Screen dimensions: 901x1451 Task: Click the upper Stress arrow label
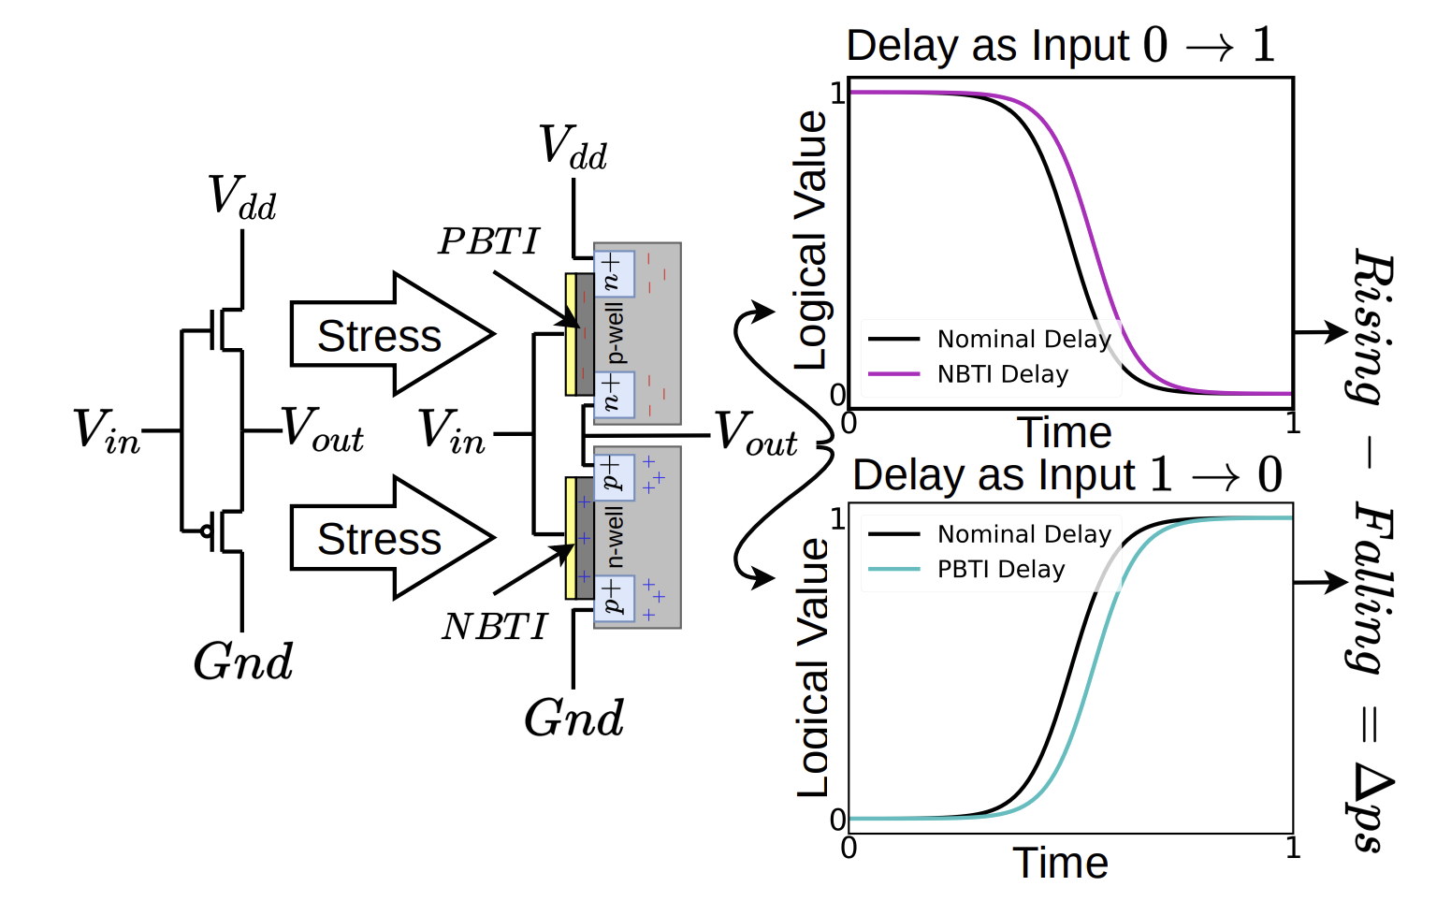tap(379, 336)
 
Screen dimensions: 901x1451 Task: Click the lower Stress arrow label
tap(379, 539)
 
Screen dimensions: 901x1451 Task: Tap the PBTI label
tap(489, 241)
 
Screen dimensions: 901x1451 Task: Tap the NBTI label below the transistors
tap(494, 627)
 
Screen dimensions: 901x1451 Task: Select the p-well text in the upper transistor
tap(615, 333)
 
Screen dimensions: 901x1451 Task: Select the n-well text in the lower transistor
tap(615, 537)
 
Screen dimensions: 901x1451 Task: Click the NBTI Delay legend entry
tap(1002, 374)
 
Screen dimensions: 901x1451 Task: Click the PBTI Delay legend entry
tap(1000, 569)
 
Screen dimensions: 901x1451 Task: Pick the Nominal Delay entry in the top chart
tap(1023, 339)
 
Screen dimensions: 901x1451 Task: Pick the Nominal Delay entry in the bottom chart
tap(1023, 534)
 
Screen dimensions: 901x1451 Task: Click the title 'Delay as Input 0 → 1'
tap(1061, 45)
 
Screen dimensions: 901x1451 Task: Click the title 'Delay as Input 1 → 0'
tap(1066, 474)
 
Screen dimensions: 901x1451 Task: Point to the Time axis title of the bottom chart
tap(1060, 863)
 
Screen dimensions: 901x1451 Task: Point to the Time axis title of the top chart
tap(1064, 432)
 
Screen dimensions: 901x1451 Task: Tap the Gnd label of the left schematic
tap(243, 661)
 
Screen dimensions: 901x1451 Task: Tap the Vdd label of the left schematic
tap(242, 197)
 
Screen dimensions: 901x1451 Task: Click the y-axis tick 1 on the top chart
tap(837, 93)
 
